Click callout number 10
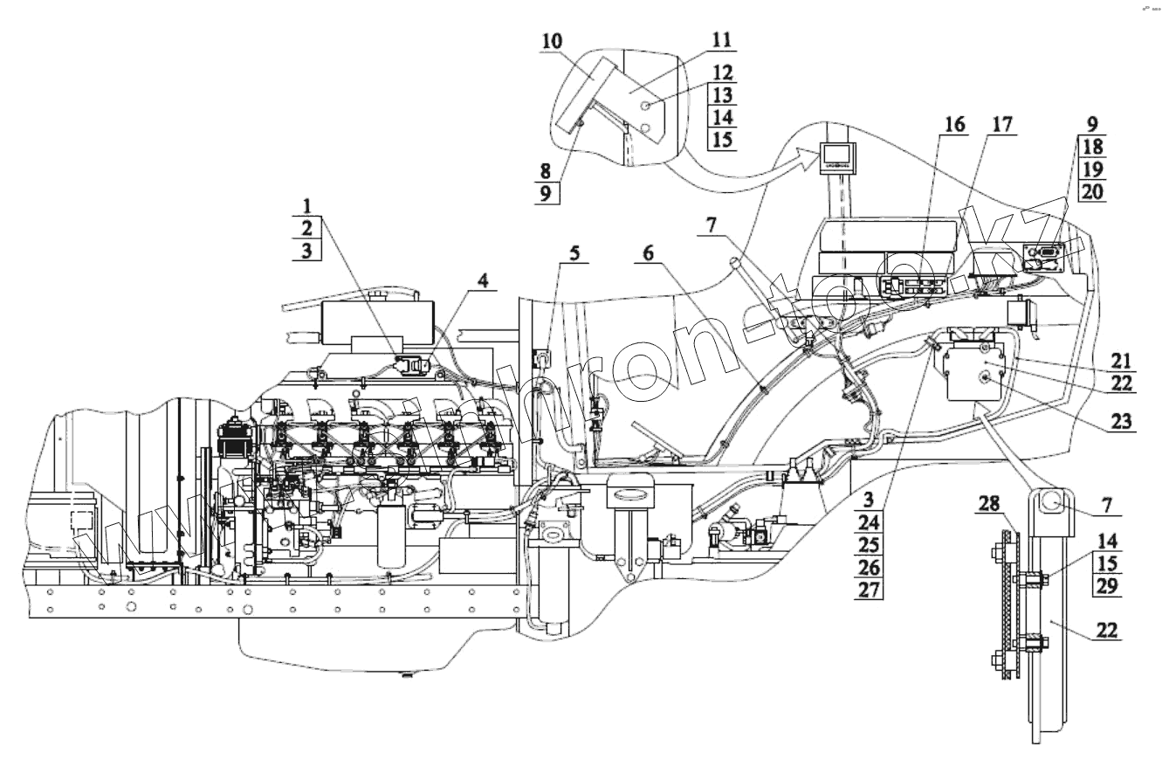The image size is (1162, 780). click(x=551, y=41)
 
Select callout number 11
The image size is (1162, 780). click(x=720, y=40)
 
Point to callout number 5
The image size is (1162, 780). click(x=574, y=252)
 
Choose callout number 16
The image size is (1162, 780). click(x=954, y=124)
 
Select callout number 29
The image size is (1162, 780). click(x=1106, y=586)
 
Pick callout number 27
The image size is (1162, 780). click(x=870, y=590)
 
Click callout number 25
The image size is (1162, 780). click(x=870, y=545)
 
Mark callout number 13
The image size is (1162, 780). click(x=720, y=94)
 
